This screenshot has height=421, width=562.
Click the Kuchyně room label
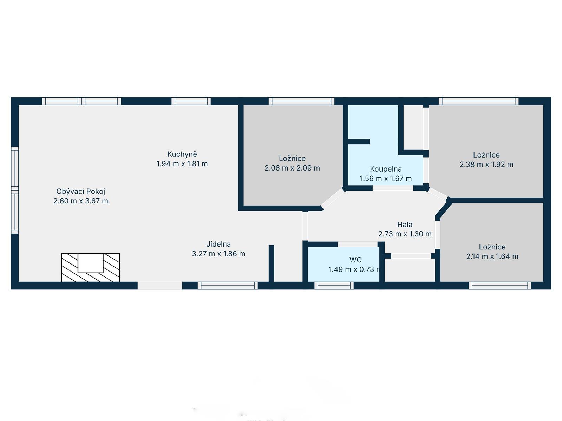click(x=182, y=154)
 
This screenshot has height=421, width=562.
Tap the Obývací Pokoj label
click(x=81, y=192)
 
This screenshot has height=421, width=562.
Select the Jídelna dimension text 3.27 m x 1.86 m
click(x=218, y=254)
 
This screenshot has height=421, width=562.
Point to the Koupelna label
click(x=386, y=169)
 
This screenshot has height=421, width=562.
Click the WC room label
click(x=355, y=260)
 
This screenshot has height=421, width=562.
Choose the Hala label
click(x=405, y=225)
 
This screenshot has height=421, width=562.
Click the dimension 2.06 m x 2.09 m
click(x=292, y=168)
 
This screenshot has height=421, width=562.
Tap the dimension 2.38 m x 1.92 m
click(x=486, y=164)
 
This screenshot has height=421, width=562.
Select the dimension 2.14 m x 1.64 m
click(x=492, y=256)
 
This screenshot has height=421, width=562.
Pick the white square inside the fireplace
click(x=90, y=263)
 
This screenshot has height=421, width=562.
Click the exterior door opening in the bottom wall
click(x=160, y=286)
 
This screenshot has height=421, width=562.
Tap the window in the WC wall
click(x=334, y=286)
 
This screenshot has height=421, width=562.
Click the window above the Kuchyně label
click(x=191, y=101)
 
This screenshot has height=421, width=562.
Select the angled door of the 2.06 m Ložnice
click(x=333, y=198)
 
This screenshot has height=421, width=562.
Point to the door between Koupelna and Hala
click(x=393, y=188)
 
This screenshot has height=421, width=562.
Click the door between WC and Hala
click(x=358, y=245)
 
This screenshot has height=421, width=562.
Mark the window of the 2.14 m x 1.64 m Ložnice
click(x=500, y=286)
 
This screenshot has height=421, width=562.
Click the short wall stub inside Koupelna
click(x=359, y=141)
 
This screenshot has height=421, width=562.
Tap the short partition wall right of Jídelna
click(x=271, y=263)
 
